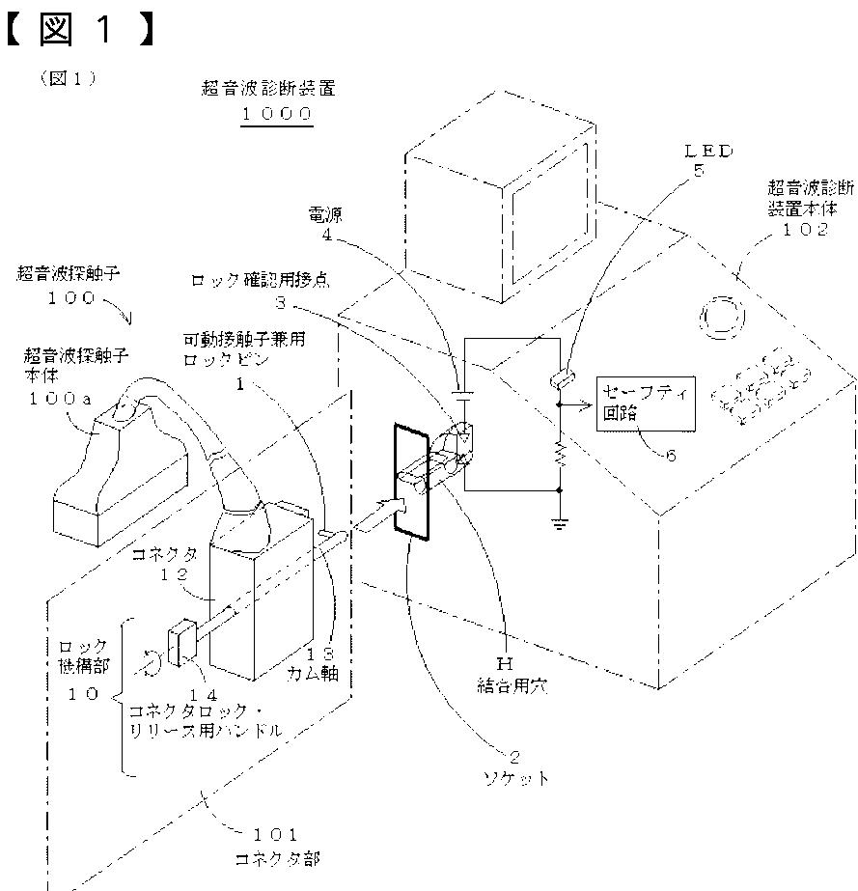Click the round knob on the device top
(721, 316)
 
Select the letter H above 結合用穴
(502, 665)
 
